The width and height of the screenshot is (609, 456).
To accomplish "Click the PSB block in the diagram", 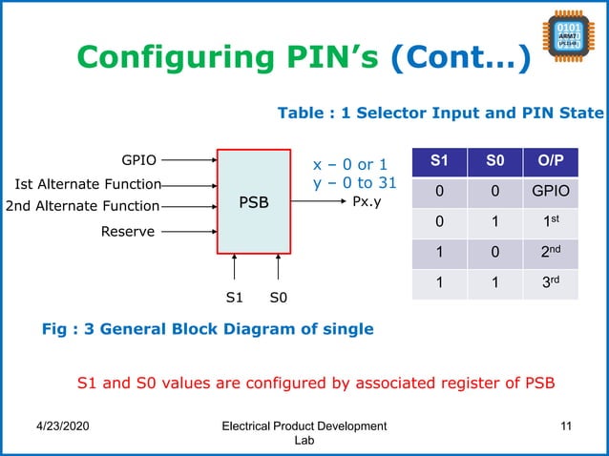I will tap(254, 202).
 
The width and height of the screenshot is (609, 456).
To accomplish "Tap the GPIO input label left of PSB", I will tap(139, 160).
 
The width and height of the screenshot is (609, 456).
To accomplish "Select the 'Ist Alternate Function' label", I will tap(87, 184).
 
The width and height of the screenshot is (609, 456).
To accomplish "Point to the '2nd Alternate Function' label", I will tap(82, 206).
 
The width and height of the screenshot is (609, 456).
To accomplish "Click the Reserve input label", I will tap(128, 231).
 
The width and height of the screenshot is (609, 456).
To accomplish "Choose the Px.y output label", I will tap(368, 202).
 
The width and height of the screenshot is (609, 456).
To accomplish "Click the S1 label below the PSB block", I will tap(234, 298).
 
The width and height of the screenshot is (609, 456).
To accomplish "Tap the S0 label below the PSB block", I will tap(279, 298).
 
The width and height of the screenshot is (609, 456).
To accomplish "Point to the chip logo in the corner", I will tap(569, 42).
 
